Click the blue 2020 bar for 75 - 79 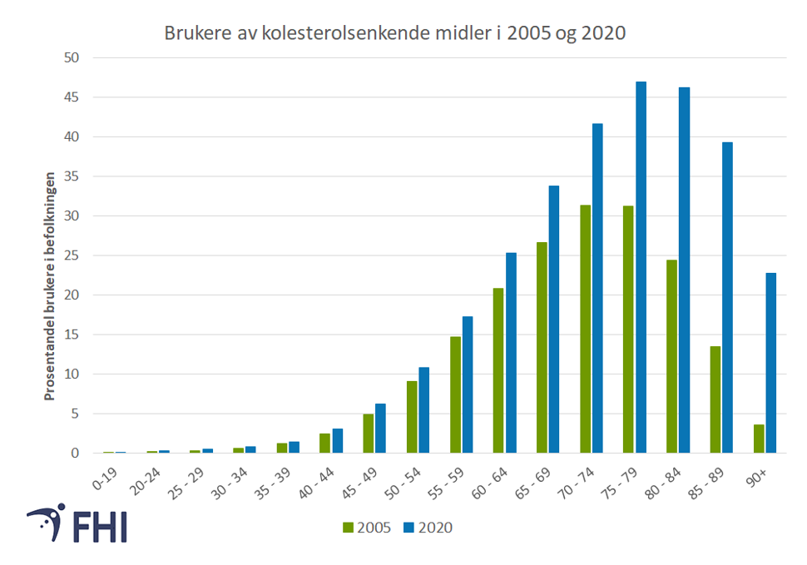(x=641, y=267)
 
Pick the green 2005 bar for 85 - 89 (x=715, y=399)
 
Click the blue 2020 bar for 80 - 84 (x=684, y=270)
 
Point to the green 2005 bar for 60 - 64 (x=498, y=370)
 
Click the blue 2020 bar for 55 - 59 (x=468, y=384)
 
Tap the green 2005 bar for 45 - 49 (x=369, y=434)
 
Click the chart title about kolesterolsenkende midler (x=395, y=33)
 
